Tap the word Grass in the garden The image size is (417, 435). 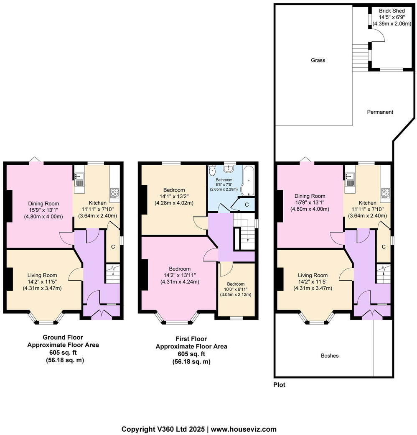click(x=318, y=60)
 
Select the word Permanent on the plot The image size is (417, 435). click(x=380, y=112)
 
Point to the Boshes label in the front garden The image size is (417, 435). click(x=330, y=356)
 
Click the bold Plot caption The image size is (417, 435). click(x=279, y=385)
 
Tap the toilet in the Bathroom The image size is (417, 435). click(x=212, y=171)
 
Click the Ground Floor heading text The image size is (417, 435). click(x=63, y=337)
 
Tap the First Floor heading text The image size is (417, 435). click(x=191, y=339)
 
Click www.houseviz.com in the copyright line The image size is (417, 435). click(x=244, y=429)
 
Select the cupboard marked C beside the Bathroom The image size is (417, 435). click(x=247, y=205)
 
